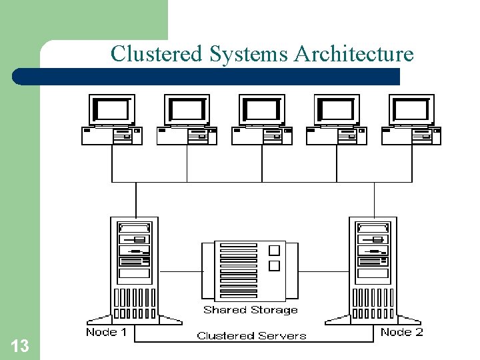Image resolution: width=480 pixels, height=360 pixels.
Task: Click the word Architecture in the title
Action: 353,53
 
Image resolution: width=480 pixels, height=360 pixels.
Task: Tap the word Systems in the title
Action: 249,53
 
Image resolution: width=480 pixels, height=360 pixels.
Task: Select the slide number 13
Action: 20,345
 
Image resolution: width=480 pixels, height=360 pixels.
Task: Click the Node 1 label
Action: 106,332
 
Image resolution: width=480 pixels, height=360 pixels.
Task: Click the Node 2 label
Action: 401,332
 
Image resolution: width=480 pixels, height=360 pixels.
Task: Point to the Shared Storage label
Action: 250,310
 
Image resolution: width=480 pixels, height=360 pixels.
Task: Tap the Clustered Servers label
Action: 251,336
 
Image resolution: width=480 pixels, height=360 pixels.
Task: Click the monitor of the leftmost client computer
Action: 112,109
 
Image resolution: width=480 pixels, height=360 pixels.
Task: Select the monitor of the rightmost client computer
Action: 411,109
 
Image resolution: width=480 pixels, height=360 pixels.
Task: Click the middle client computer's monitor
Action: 262,109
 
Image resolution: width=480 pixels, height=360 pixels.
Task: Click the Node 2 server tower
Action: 373,267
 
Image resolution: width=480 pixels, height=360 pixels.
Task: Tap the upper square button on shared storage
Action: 273,251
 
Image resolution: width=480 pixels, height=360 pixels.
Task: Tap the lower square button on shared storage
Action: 273,266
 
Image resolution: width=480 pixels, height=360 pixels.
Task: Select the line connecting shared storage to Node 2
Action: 317,271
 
